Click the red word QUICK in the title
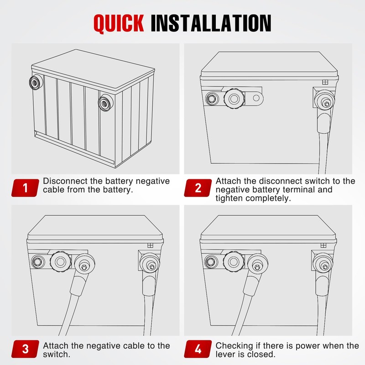pyautogui.click(x=119, y=23)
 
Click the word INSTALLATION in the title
pyautogui.click(x=211, y=23)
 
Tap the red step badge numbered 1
pyautogui.click(x=25, y=188)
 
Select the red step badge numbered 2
pyautogui.click(x=198, y=188)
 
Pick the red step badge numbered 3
pyautogui.click(x=25, y=349)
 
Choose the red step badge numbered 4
pyautogui.click(x=198, y=349)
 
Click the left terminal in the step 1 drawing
pyautogui.click(x=36, y=83)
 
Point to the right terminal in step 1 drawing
pyautogui.click(x=105, y=103)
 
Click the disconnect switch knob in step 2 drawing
pyautogui.click(x=234, y=99)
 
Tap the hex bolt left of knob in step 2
pyautogui.click(x=212, y=99)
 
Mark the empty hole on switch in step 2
pyautogui.click(x=256, y=98)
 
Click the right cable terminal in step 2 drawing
pyautogui.click(x=325, y=100)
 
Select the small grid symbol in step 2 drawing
pyautogui.click(x=325, y=82)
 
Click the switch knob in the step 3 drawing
pyautogui.click(x=61, y=261)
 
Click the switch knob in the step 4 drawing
pyautogui.click(x=234, y=261)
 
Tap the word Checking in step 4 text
pyautogui.click(x=234, y=346)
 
